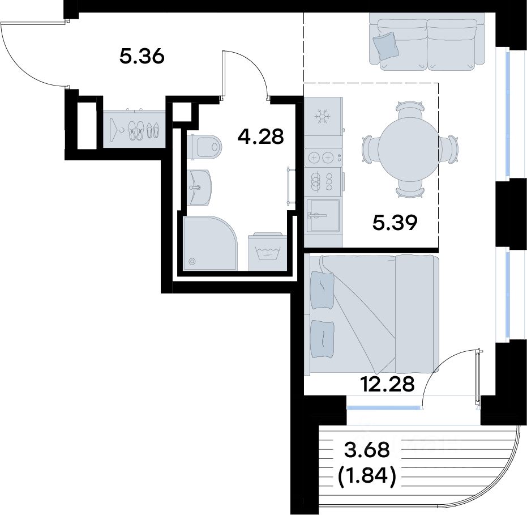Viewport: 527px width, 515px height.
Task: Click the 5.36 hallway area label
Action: click(x=142, y=56)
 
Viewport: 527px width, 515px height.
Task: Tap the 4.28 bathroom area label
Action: click(x=261, y=137)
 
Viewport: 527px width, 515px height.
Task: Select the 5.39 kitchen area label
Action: click(x=395, y=222)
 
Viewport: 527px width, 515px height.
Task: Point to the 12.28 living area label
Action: click(x=387, y=384)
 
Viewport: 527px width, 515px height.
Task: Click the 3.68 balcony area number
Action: click(x=367, y=450)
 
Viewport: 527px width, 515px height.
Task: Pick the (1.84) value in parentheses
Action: click(x=367, y=476)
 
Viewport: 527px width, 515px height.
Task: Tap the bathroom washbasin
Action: click(x=200, y=187)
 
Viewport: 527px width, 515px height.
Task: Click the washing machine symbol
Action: click(x=268, y=252)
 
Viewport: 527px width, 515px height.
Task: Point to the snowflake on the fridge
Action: click(x=323, y=117)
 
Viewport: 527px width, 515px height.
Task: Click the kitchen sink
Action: click(x=323, y=215)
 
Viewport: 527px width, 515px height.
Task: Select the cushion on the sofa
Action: click(x=386, y=46)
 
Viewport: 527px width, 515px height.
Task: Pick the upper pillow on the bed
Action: click(x=322, y=290)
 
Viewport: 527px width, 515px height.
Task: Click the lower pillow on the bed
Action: click(x=322, y=339)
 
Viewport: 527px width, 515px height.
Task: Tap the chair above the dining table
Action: click(x=409, y=110)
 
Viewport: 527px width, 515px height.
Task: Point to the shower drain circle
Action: click(x=192, y=261)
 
